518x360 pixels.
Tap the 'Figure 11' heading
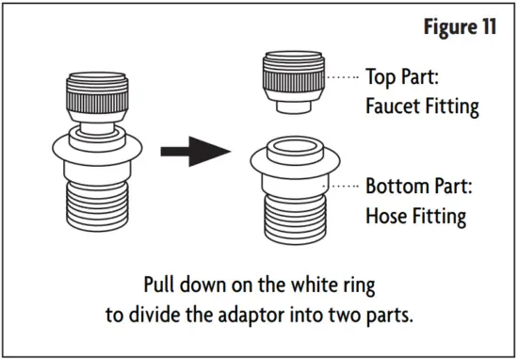tap(456, 26)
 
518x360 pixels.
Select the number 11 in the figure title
tap(487, 26)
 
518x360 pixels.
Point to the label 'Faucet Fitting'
tap(421, 106)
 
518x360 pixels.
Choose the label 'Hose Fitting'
tap(415, 215)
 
